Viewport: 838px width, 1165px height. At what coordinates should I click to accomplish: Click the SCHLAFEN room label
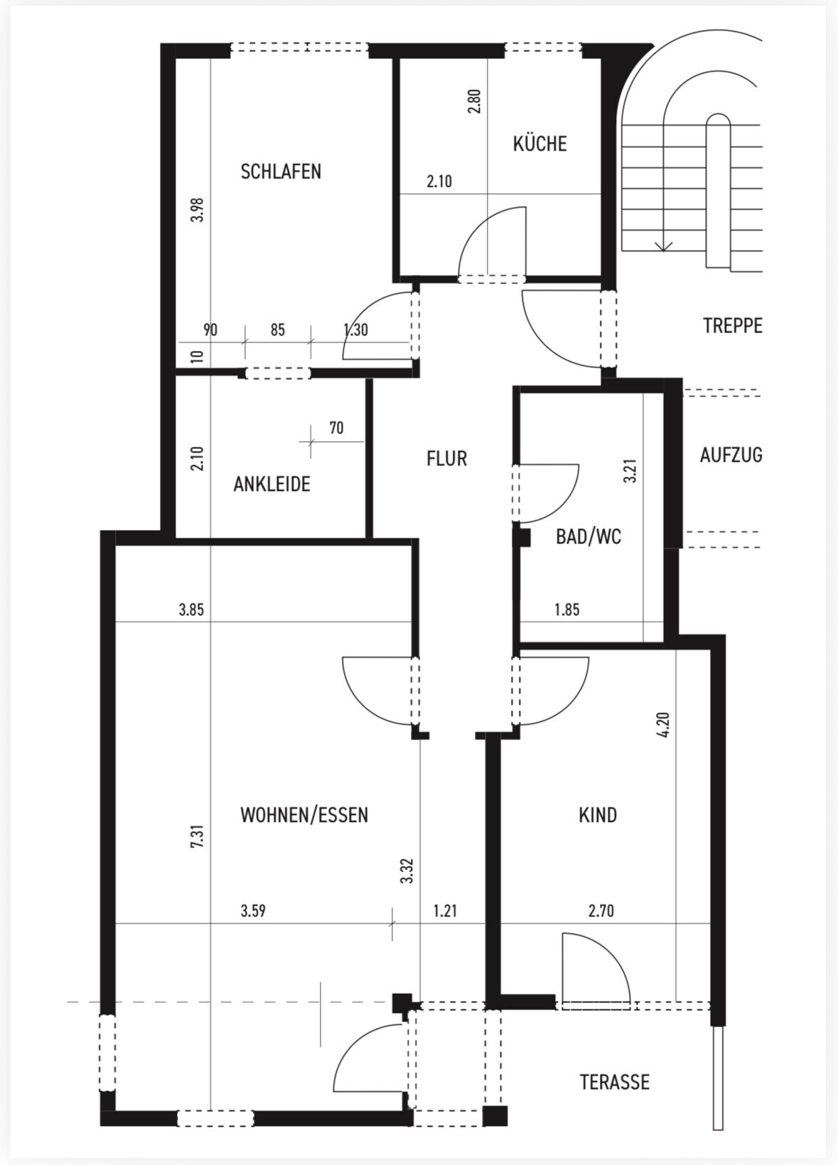tap(281, 172)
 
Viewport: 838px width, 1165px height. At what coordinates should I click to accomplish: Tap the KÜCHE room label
tap(539, 144)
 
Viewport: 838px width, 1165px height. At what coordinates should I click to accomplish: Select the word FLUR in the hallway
tap(446, 459)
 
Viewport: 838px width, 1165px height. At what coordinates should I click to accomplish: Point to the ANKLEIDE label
tap(272, 484)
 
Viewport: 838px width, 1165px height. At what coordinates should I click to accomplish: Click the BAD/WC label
tap(588, 537)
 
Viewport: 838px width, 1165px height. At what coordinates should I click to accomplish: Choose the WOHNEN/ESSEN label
tap(304, 815)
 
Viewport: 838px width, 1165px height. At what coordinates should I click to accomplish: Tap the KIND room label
tap(598, 815)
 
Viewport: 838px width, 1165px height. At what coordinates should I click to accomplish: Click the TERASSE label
tap(614, 1083)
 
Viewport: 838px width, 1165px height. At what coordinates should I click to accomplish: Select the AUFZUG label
tap(731, 455)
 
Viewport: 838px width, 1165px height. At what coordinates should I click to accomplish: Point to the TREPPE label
tap(732, 326)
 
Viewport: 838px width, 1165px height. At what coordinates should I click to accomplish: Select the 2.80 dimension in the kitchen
tap(475, 101)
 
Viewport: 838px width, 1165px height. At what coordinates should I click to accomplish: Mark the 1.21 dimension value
tap(445, 911)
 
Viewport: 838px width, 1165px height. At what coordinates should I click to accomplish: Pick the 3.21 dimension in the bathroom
tap(630, 471)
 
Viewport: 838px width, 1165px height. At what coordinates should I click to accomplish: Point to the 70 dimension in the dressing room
tap(336, 428)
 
